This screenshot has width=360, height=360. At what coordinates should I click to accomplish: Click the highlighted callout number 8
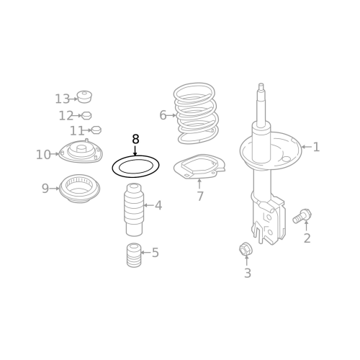[135, 139]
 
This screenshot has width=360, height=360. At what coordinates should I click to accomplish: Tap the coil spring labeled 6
[196, 113]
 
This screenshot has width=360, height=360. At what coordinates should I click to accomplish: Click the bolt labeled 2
[302, 216]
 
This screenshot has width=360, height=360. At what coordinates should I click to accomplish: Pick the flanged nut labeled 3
[245, 249]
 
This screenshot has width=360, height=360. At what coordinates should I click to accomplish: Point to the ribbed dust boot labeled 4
[134, 210]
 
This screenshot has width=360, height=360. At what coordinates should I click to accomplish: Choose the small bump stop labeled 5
[134, 255]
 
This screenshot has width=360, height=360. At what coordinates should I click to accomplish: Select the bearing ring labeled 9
[79, 189]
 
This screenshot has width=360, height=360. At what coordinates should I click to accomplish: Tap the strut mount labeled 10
[81, 152]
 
